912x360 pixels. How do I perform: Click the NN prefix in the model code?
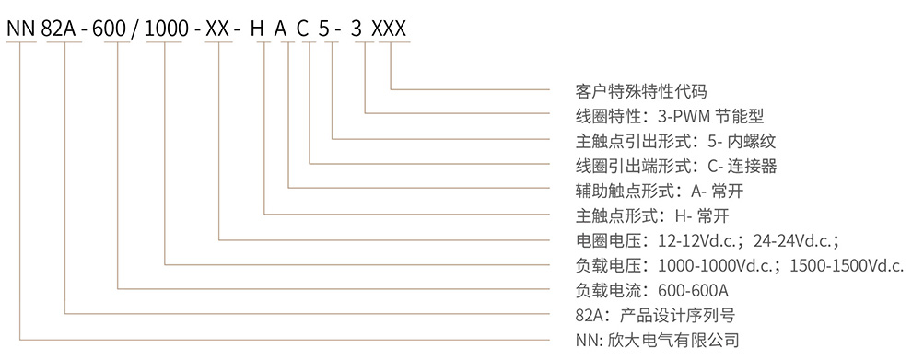[x=20, y=29]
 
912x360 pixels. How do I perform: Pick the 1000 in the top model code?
[x=167, y=29]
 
